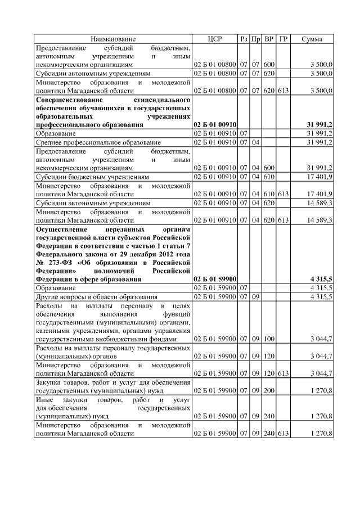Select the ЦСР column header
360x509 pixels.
tap(215, 39)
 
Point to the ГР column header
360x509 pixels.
tap(283, 39)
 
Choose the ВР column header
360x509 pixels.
tap(269, 39)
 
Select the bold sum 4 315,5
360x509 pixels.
tap(321, 278)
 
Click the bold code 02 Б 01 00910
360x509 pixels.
tap(215, 124)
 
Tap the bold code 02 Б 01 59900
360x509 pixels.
tap(215, 278)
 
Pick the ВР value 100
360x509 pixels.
tap(269, 339)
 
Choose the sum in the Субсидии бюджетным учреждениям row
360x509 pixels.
tap(319, 177)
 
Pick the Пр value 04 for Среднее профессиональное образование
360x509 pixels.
tap(256, 143)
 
